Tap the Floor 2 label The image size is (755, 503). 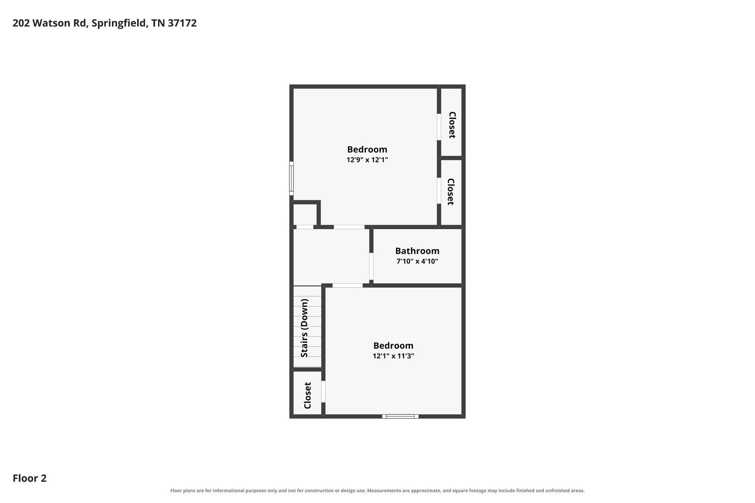tap(30, 478)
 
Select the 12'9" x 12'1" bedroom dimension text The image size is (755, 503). tap(367, 160)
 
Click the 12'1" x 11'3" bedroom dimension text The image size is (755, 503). tap(393, 356)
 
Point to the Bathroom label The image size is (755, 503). tap(417, 251)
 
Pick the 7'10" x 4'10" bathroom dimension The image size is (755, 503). tap(417, 261)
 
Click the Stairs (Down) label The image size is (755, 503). tap(304, 328)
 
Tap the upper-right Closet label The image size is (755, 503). tap(452, 125)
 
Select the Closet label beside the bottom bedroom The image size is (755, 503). tap(307, 395)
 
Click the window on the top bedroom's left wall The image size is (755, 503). tap(291, 178)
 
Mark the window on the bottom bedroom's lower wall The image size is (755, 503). tap(400, 416)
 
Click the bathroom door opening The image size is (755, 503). tap(371, 266)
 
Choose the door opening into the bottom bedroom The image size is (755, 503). tap(348, 285)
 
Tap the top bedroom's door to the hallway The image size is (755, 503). tap(349, 227)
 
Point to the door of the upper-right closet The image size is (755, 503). tap(439, 127)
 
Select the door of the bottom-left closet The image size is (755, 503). tap(323, 392)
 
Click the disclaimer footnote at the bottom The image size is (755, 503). tap(377, 490)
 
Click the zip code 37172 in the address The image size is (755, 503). tap(182, 23)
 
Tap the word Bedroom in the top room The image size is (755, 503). tap(367, 149)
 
